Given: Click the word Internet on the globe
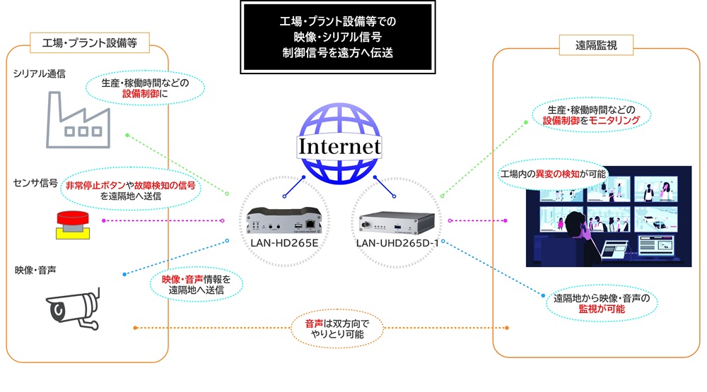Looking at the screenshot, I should point(339,147).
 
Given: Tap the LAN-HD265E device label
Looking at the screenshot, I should point(284,244).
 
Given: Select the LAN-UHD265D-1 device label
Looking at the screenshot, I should point(395,244).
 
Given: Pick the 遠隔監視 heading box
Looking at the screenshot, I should point(597,46).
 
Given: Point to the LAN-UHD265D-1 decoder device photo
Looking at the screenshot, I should point(396,220).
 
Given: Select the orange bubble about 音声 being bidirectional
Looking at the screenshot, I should point(336,328).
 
